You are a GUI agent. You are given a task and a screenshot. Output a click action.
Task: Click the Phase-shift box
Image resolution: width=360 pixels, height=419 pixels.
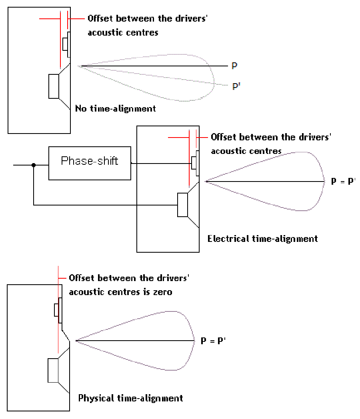coord(90,163)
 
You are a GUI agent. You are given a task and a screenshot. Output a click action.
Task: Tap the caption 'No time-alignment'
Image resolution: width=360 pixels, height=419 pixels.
coord(116,108)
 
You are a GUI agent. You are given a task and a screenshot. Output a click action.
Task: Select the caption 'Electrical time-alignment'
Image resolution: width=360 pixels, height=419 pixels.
coord(262,239)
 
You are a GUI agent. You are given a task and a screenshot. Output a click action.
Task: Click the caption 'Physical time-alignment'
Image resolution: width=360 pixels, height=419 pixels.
coord(130,398)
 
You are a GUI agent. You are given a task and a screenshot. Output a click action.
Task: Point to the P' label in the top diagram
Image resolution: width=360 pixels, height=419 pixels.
coord(236,86)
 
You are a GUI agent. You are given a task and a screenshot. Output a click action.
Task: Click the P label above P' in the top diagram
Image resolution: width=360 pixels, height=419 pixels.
coord(235,66)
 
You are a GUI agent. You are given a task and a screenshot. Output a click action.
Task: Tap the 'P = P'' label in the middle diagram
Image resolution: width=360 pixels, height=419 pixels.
coord(344,181)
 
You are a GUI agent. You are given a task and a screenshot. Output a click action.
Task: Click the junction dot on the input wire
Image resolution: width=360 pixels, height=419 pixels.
coord(34,164)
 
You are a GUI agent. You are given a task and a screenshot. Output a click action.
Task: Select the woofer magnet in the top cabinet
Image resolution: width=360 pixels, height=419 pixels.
coord(54,86)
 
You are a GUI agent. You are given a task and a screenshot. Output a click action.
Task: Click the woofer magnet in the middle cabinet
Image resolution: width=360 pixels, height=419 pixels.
coord(182,205)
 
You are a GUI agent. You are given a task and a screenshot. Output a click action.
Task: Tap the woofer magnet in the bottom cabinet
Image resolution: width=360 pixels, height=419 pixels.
coord(53,371)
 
